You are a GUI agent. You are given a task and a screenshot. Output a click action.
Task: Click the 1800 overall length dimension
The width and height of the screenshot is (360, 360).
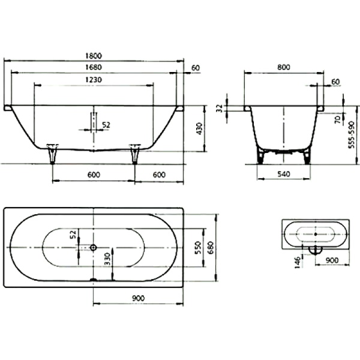coord(94,55)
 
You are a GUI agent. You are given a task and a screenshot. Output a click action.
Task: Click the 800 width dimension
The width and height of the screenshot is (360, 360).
coord(283,67)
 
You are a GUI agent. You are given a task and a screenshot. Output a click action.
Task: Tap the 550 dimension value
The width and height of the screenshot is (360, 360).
coord(197,247)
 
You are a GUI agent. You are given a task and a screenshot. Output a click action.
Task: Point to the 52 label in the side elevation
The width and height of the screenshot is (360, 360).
coord(106,125)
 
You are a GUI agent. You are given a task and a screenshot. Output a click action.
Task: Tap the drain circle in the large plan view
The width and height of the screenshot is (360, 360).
coord(94,247)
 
